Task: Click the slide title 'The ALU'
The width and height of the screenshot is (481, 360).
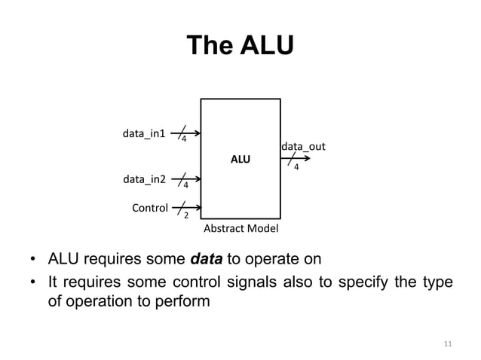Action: tap(240, 47)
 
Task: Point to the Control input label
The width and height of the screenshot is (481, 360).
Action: tap(150, 207)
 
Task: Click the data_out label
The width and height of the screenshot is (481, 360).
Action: tap(303, 145)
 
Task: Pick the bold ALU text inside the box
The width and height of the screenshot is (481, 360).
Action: tap(240, 160)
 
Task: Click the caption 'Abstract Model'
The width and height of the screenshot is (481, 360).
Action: tap(240, 228)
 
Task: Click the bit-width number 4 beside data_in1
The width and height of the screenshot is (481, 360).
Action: tap(184, 139)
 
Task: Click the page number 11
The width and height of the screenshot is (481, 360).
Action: tap(447, 344)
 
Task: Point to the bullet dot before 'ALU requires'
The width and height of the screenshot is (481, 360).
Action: tap(33, 261)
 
